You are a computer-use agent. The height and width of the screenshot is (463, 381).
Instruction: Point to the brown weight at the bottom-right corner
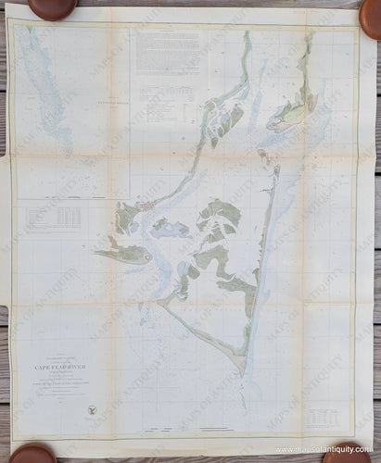tap(345, 453)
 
